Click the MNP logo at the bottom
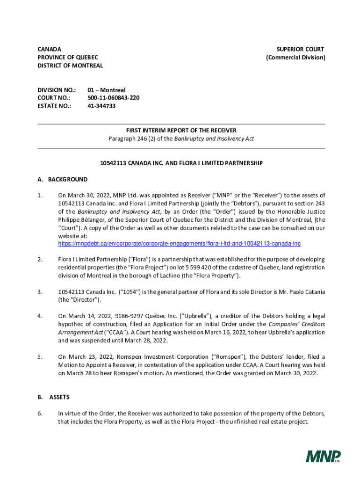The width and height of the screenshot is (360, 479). (323, 456)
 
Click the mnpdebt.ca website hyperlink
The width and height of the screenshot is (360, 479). (179, 244)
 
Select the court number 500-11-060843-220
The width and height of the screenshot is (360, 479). (113, 98)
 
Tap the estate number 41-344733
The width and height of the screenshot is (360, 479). (101, 106)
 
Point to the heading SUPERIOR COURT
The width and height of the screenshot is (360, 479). (300, 49)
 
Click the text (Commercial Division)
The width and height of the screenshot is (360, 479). (295, 58)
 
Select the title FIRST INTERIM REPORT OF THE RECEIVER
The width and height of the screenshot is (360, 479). (181, 131)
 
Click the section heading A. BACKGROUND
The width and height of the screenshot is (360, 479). (62, 179)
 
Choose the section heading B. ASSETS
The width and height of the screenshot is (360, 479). (53, 397)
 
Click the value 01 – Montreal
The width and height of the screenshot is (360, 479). (107, 90)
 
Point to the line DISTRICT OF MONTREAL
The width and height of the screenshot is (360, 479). (70, 65)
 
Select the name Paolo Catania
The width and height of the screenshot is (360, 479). (305, 292)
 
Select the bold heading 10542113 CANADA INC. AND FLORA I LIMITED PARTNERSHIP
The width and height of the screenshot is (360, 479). (181, 163)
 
